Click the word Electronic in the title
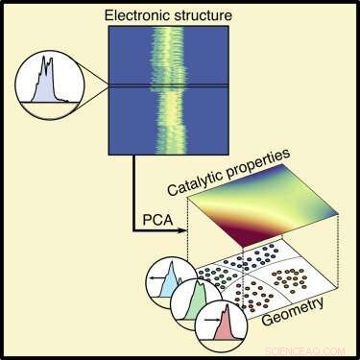[x=146, y=12]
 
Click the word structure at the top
[x=213, y=12]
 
